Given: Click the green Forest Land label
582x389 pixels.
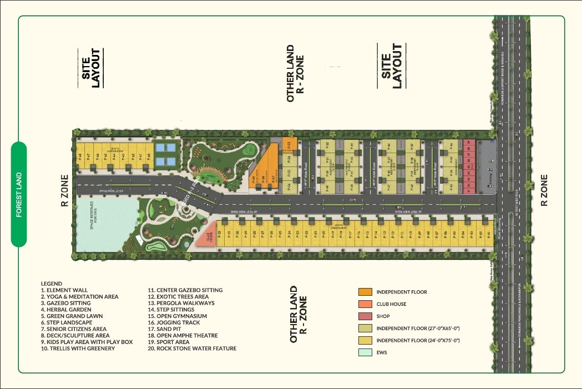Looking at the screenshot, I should pos(19,194).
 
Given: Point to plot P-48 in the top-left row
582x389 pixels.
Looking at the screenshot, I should pos(80,156).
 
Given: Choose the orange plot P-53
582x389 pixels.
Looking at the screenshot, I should pos(289,145).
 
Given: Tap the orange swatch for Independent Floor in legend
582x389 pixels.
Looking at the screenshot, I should pos(365,292).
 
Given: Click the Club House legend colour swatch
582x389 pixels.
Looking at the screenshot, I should pos(365,304).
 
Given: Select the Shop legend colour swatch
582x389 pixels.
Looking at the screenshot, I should pos(365,316).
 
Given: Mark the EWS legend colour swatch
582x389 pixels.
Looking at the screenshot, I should pos(365,352).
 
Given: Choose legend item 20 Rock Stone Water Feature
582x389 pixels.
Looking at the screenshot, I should pos(192,348).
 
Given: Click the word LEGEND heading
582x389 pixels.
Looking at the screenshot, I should pos(52,284).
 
